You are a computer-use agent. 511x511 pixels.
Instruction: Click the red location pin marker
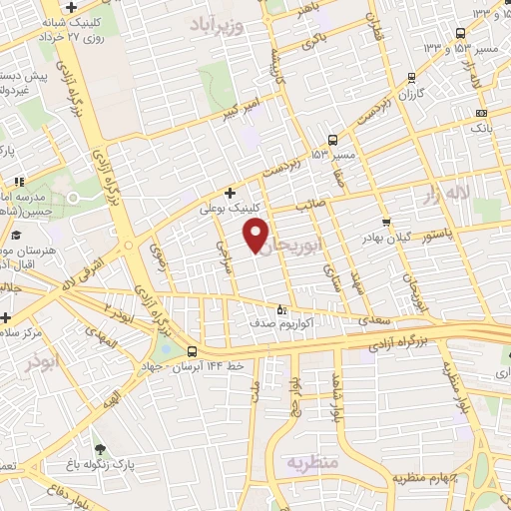256,236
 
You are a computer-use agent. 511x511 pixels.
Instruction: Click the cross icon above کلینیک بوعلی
230,193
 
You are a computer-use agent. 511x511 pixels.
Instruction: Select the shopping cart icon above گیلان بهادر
386,222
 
